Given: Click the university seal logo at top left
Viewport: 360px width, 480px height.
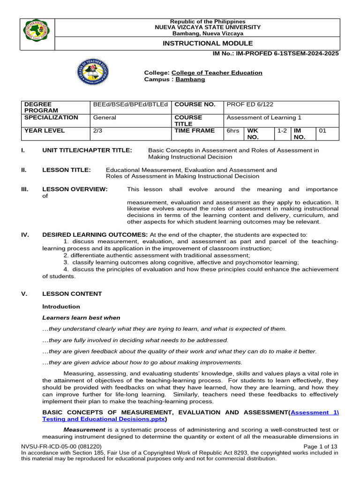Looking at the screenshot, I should tap(37, 34).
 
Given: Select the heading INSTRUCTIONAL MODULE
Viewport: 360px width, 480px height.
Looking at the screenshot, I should tap(197, 43).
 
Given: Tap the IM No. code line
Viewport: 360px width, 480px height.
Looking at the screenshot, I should tap(276, 53).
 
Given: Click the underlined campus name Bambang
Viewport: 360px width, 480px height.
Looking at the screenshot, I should tap(190, 80).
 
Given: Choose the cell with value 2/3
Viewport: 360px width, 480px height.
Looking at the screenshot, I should tap(98, 131).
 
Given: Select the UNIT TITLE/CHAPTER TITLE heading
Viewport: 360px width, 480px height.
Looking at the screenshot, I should tap(87, 150).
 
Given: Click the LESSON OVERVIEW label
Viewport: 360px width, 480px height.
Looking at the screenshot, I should tap(75, 189).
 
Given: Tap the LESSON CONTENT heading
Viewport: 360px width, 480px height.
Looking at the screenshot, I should tap(72, 294).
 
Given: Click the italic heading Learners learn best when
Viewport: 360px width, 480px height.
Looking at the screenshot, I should tap(81, 318).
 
